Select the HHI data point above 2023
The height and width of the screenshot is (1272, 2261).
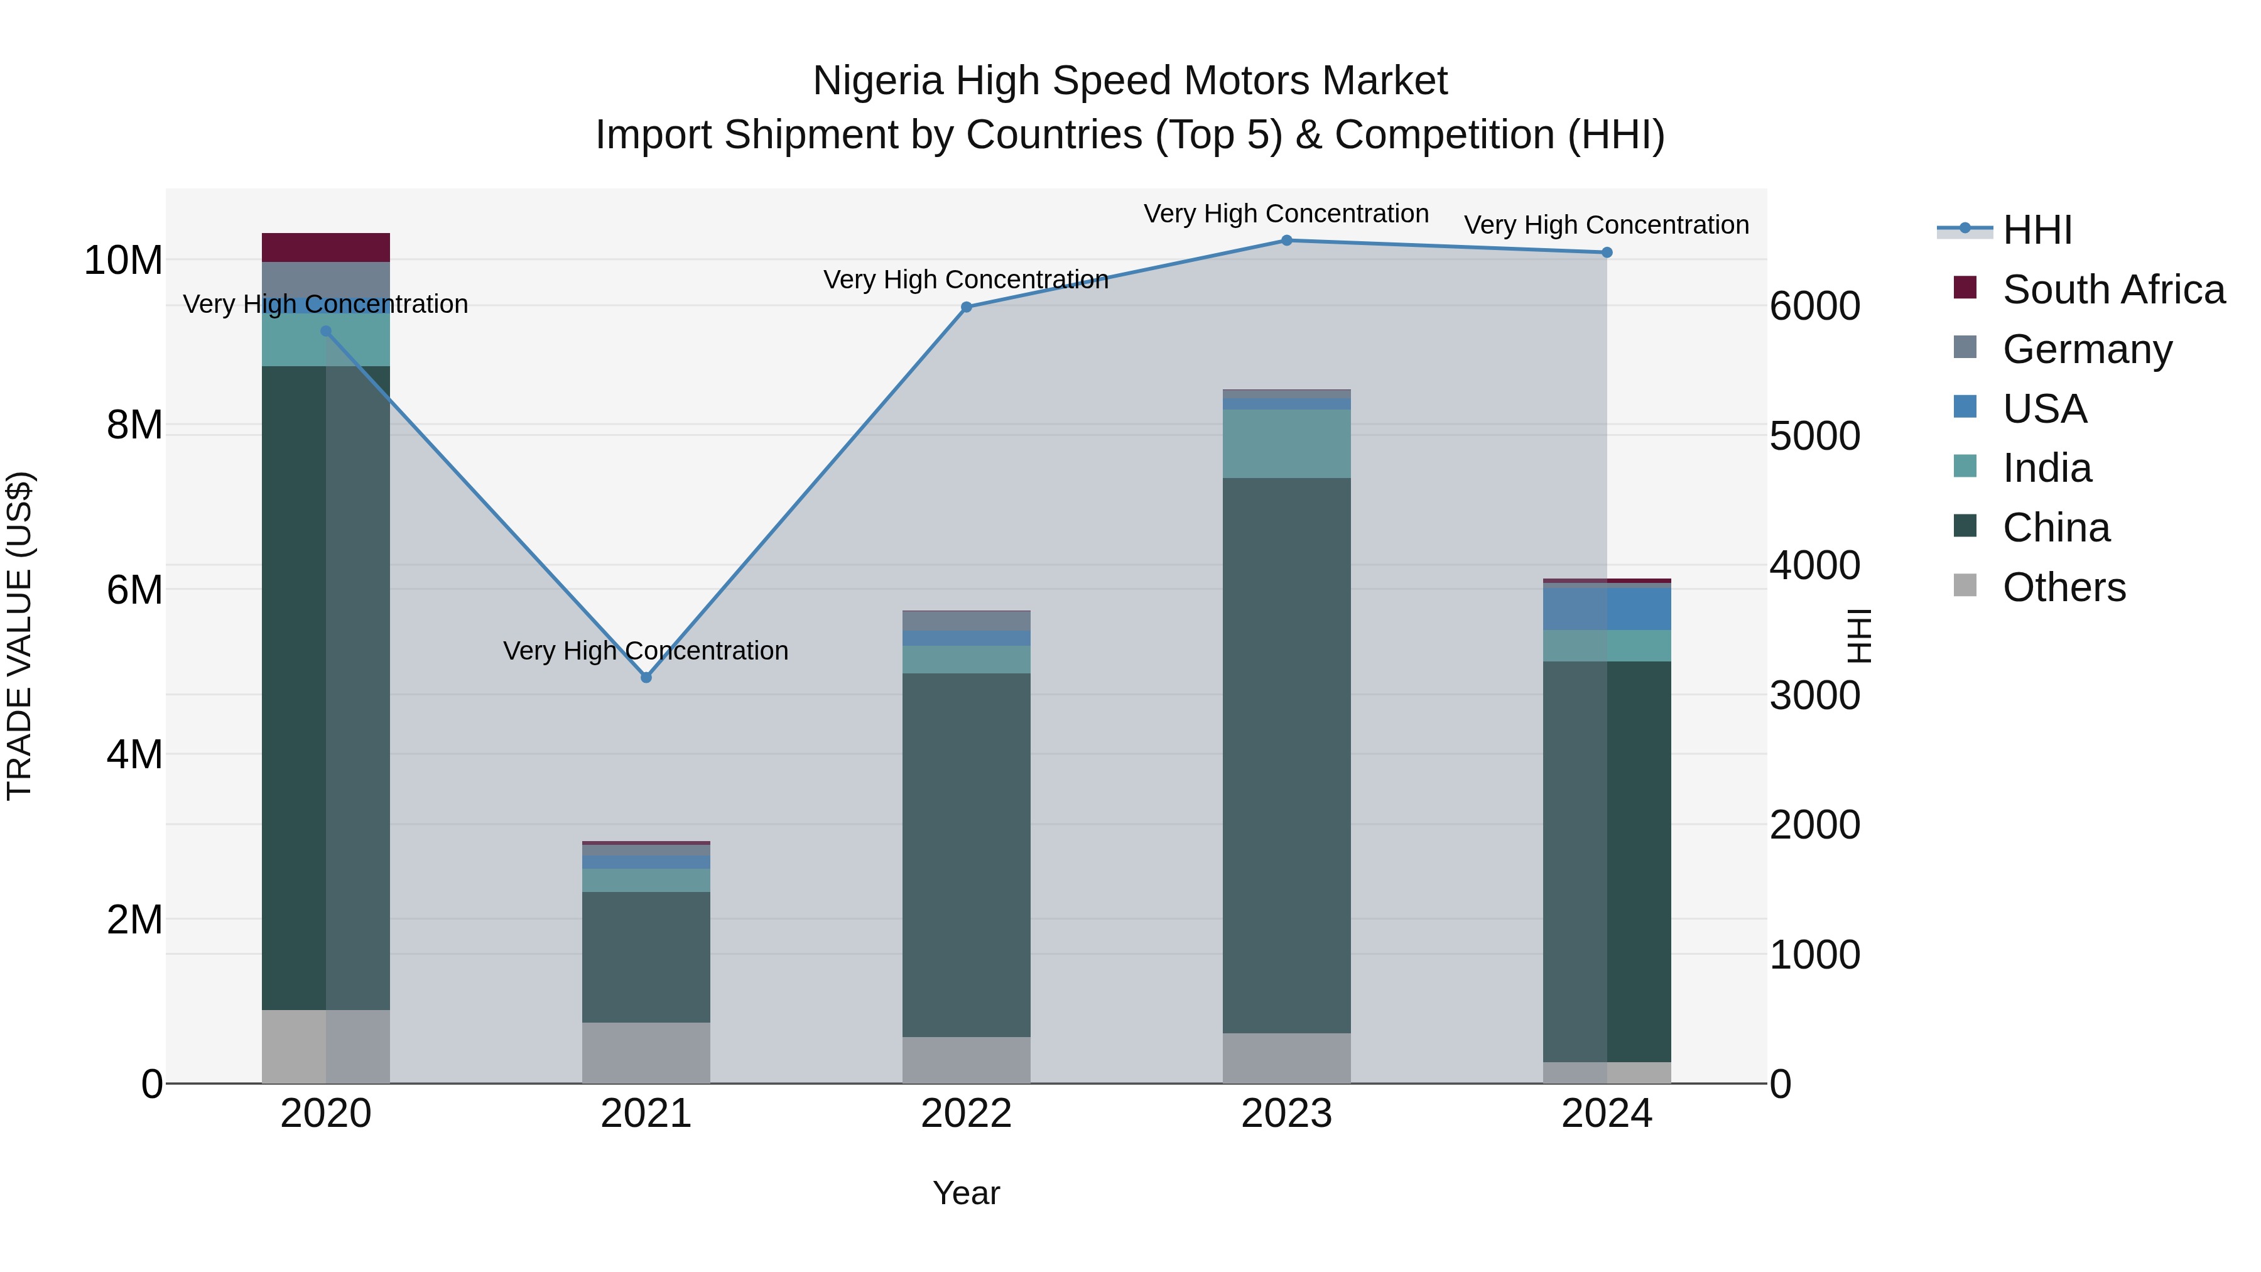1287,240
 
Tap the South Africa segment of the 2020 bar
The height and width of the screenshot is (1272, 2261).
325,247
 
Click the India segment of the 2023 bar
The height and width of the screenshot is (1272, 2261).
1287,443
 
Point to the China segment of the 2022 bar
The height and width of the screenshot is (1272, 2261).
967,854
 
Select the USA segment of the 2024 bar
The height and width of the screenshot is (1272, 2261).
1607,607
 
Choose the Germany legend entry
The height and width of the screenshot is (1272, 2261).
2087,349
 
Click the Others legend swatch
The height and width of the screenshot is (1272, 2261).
1965,585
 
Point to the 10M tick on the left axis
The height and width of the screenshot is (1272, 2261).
124,261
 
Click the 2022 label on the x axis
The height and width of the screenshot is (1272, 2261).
967,1114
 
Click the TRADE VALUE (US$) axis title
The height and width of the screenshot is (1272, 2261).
19,636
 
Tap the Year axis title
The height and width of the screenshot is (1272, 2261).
967,1193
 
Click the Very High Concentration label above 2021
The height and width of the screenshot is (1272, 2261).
646,651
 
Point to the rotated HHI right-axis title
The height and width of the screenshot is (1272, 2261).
1860,636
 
